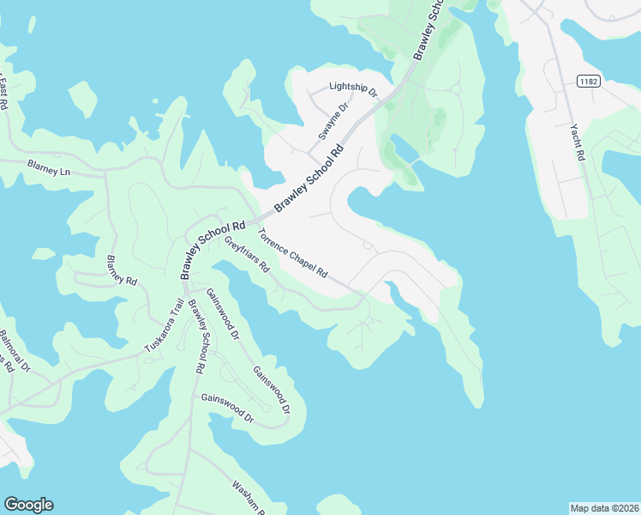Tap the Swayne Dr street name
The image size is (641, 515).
tap(334, 121)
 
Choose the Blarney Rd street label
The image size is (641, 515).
tap(122, 270)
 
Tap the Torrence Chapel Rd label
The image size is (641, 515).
tap(292, 252)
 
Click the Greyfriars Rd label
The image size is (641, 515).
tap(248, 254)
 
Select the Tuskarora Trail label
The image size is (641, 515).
tap(164, 325)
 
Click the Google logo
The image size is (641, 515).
tap(28, 505)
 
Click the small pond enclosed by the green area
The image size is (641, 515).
tap(403, 148)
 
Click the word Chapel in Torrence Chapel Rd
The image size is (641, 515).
tap(296, 256)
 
